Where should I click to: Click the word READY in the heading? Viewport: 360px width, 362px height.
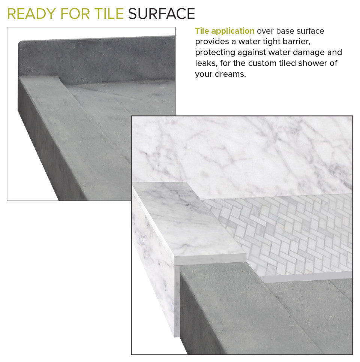tap(31, 13)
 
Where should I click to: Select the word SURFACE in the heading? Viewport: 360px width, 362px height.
tap(162, 13)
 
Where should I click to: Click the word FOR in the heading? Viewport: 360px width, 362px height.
tap(75, 13)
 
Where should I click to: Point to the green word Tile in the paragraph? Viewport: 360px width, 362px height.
tap(202, 31)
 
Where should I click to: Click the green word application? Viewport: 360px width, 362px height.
tap(233, 31)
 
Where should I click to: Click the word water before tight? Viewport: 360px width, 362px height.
tap(250, 42)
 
